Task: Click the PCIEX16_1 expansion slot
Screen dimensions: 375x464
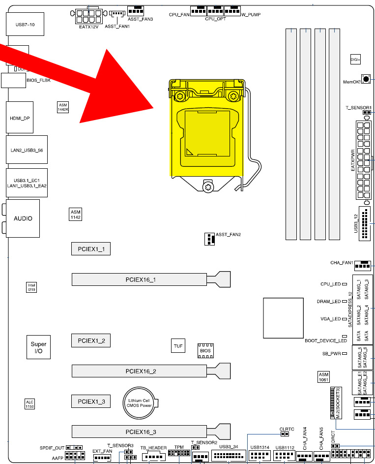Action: coord(140,279)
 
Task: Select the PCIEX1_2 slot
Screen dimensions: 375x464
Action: coord(91,340)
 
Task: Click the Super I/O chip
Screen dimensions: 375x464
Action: coord(38,347)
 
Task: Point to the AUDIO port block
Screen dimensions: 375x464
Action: coord(23,218)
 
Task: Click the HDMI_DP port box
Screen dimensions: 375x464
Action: coord(20,118)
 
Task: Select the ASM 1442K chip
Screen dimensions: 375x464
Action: coord(62,107)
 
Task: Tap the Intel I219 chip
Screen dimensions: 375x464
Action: coord(31,287)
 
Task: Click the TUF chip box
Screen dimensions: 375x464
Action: coord(178,346)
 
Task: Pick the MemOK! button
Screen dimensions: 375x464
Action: coord(366,79)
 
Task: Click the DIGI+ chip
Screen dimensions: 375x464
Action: coord(355,59)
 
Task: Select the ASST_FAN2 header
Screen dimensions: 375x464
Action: coord(209,239)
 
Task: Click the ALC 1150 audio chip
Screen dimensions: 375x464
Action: coord(30,404)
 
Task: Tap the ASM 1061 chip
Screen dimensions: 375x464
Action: coord(323,377)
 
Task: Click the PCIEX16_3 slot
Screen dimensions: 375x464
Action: coord(140,432)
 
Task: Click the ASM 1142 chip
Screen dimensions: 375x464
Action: coord(75,214)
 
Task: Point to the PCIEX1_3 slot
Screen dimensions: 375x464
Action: coord(91,402)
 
